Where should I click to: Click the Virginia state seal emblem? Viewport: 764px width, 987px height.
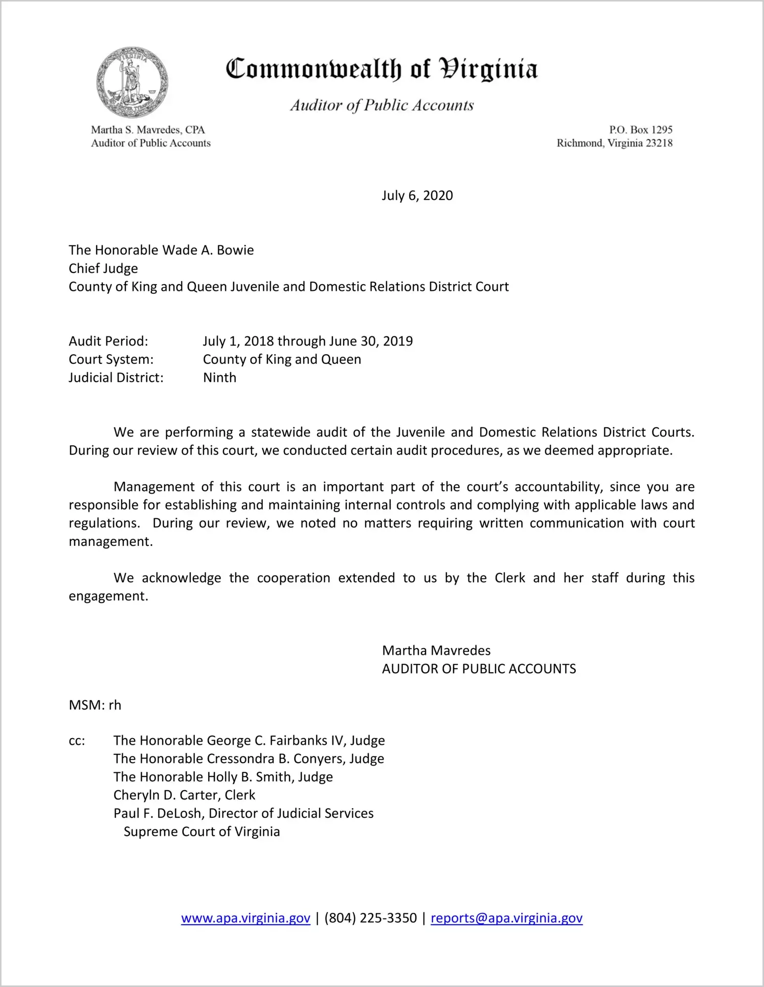pos(132,82)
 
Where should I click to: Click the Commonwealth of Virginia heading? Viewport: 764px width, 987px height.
pos(381,70)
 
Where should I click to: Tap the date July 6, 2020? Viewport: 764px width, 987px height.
pos(417,196)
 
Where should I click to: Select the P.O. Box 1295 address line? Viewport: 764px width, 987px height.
pos(640,130)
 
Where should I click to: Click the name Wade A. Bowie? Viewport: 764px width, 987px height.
pos(208,250)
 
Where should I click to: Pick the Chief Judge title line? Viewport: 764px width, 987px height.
pos(103,268)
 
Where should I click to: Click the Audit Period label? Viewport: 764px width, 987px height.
pos(108,341)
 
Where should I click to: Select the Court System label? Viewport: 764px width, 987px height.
pos(111,359)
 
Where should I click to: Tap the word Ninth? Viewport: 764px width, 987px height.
pos(219,378)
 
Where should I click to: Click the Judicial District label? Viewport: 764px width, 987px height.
pos(116,378)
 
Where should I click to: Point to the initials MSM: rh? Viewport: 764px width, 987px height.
pos(95,705)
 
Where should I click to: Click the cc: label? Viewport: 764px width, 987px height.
pos(77,741)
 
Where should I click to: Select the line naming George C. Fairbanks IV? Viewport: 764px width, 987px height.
pos(249,741)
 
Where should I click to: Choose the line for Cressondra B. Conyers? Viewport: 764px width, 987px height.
pos(249,759)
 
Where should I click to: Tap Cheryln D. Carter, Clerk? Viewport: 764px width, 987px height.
pos(184,795)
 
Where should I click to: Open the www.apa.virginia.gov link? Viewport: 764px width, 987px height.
pos(245,919)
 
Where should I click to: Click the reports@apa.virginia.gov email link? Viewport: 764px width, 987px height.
pos(506,919)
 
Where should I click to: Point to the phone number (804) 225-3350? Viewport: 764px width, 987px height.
pos(370,919)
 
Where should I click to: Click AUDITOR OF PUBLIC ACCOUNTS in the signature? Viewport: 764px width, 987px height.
pos(479,669)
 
